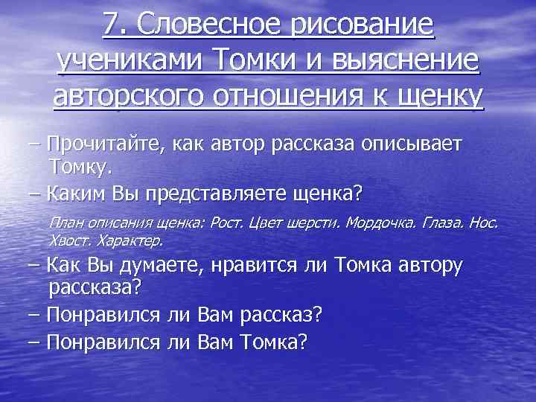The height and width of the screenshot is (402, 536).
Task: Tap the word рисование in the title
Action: pyautogui.click(x=364, y=25)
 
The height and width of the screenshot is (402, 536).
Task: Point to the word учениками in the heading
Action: pyautogui.click(x=129, y=61)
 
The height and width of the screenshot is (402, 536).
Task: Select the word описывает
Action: pyautogui.click(x=415, y=143)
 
